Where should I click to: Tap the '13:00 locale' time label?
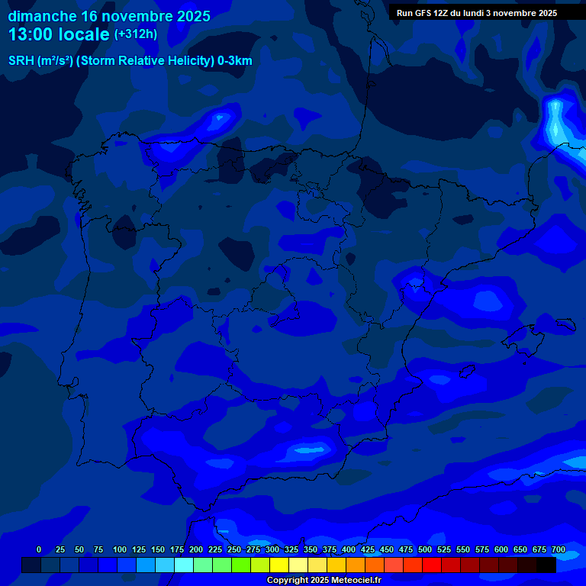pyautogui.click(x=59, y=35)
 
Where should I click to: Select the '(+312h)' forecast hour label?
pyautogui.click(x=135, y=34)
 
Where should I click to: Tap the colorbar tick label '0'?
pyautogui.click(x=39, y=549)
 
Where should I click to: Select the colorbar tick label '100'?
pyautogui.click(x=120, y=549)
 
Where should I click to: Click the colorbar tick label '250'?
pyautogui.click(x=234, y=549)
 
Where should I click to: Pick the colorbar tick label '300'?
pyautogui.click(x=272, y=549)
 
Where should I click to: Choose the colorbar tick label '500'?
pyautogui.click(x=425, y=549)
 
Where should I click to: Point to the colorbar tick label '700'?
pyautogui.click(x=559, y=549)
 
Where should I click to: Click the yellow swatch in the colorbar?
pyautogui.click(x=279, y=565)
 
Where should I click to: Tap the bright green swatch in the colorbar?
pyautogui.click(x=241, y=565)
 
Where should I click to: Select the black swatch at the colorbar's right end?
pyautogui.click(x=546, y=565)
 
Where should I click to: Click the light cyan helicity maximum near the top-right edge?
pyautogui.click(x=557, y=122)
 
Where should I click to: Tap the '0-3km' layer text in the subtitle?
pyautogui.click(x=234, y=61)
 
